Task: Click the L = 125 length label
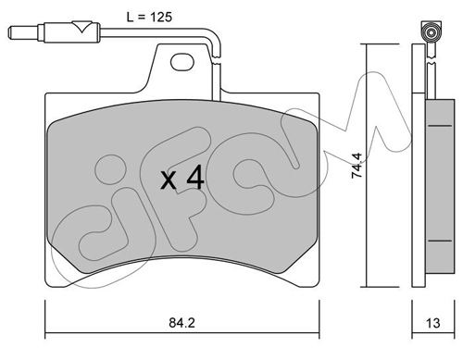(x=149, y=17)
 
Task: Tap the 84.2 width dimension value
(x=182, y=323)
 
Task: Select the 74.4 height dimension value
(x=357, y=166)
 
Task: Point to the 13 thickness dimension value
(x=432, y=323)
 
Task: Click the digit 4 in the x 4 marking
(x=195, y=177)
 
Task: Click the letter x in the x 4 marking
(x=169, y=180)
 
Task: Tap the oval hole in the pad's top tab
(x=182, y=62)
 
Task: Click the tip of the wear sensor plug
(x=9, y=33)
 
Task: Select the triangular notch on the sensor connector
(x=81, y=27)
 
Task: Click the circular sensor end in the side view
(x=432, y=32)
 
